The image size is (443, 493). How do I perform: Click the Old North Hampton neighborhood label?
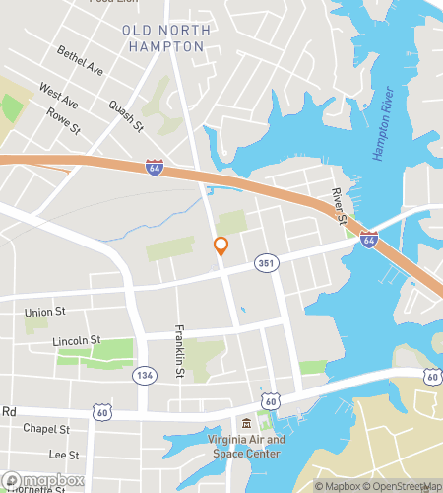pos(166,37)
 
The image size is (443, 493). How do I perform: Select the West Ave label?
pos(58,96)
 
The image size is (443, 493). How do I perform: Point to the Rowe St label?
pos(64,120)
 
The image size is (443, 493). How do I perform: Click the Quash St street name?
pos(126,114)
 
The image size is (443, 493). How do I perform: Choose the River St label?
pos(340,203)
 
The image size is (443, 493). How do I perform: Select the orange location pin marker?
pos(221,246)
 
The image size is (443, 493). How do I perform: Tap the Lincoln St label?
pos(77,340)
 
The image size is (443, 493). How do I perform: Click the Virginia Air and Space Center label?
pos(247,447)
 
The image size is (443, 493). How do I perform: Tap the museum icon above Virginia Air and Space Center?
pos(246,423)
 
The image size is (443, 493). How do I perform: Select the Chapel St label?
pos(46,429)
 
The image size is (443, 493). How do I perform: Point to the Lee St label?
pos(63,455)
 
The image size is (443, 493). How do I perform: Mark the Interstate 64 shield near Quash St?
pos(154,169)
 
